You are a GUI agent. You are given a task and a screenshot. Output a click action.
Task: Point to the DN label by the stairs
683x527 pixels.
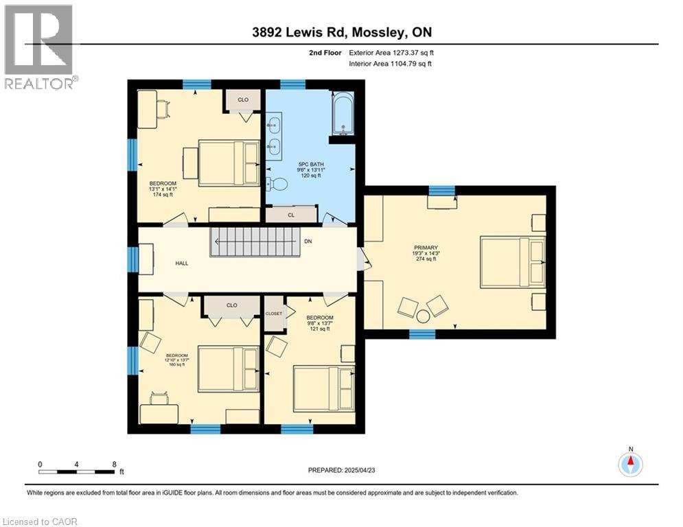pyautogui.click(x=308, y=242)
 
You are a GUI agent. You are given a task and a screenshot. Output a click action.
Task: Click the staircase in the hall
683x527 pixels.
pyautogui.click(x=256, y=242)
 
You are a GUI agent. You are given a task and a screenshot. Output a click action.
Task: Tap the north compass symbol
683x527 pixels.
pyautogui.click(x=630, y=464)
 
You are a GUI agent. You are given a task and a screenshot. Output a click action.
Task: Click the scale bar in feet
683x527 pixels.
pyautogui.click(x=77, y=472)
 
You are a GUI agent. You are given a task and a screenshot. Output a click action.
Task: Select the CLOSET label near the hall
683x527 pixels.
pyautogui.click(x=274, y=313)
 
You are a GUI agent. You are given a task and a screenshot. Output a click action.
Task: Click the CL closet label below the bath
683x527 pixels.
pyautogui.click(x=291, y=215)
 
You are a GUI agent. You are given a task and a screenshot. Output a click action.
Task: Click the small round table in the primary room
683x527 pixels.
pyautogui.click(x=423, y=316)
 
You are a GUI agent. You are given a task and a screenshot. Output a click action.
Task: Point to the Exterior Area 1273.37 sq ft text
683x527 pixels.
pyautogui.click(x=391, y=52)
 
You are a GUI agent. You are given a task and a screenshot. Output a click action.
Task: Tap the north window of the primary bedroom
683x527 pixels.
pyautogui.click(x=441, y=190)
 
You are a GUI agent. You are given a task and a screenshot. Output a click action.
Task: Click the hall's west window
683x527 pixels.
pyautogui.click(x=133, y=259)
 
